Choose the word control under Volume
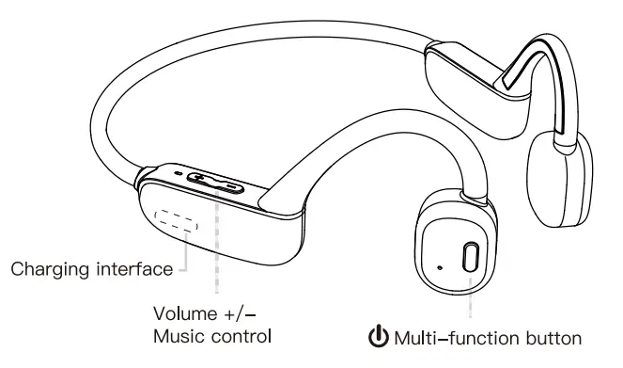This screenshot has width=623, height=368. (241, 335)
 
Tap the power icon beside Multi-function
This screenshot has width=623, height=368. (379, 336)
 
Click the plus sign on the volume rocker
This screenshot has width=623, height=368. (202, 178)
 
